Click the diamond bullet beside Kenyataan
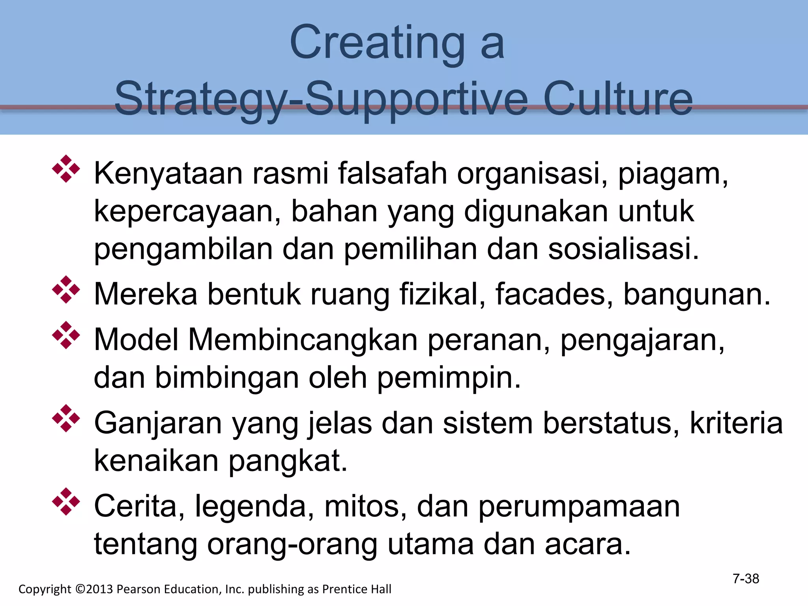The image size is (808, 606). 66,169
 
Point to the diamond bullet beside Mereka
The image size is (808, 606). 66,290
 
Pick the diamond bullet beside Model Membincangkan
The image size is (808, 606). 66,335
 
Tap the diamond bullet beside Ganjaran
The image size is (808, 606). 66,418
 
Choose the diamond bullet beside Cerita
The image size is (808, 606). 66,501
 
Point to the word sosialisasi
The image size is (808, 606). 623,249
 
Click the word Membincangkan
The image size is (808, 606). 303,340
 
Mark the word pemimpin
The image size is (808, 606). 449,378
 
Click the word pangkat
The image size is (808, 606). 288,461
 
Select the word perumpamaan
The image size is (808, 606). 579,506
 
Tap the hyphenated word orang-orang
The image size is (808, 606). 292,544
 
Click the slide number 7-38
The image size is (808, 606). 746,579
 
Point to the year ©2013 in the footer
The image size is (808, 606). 94,589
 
